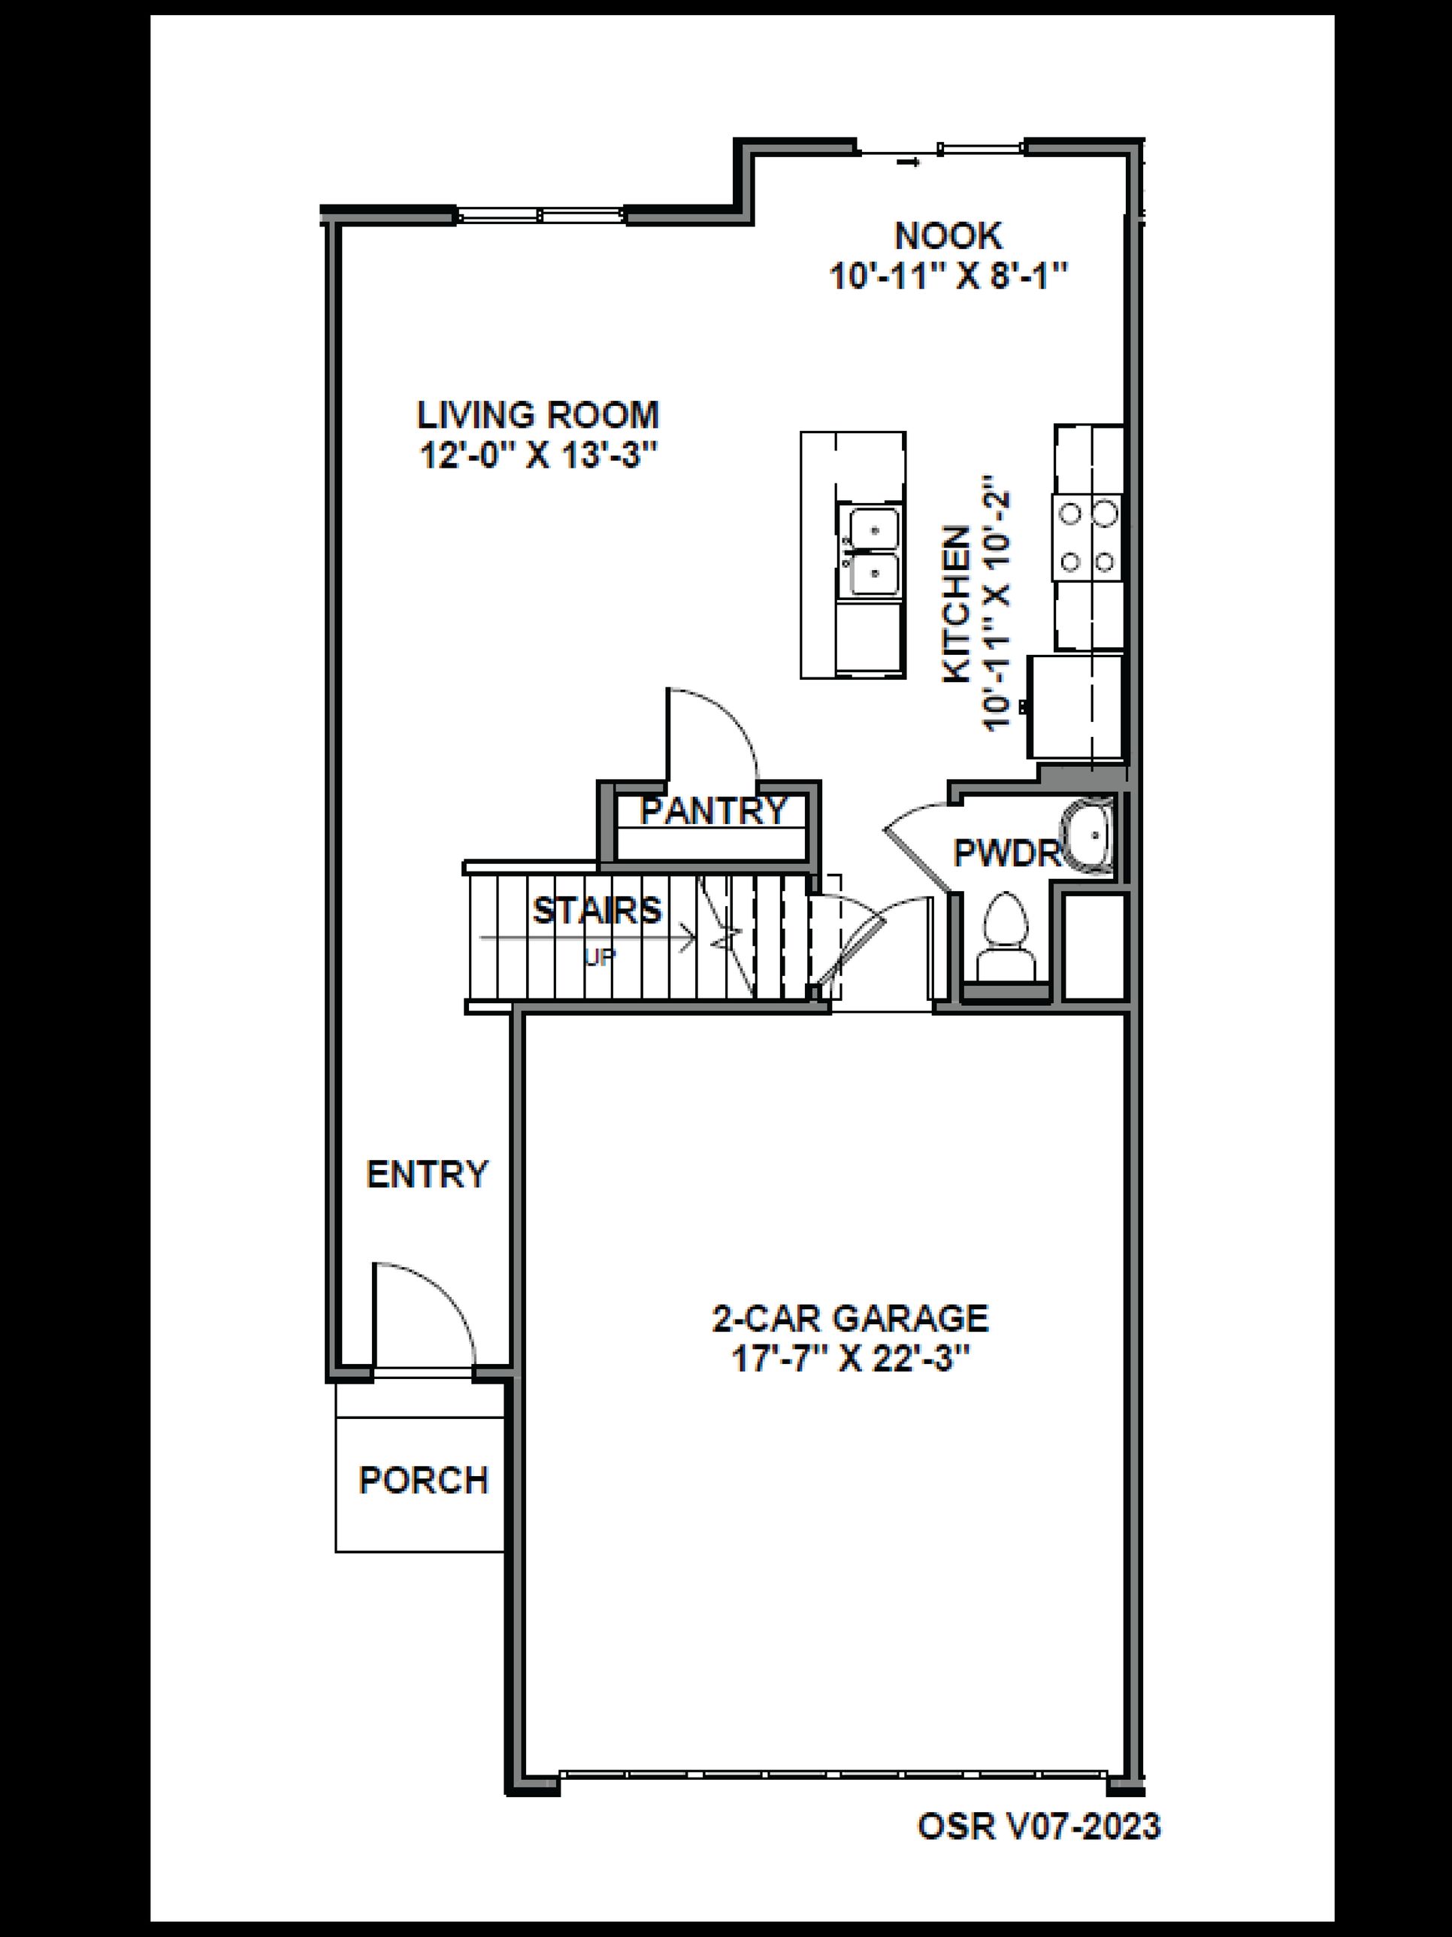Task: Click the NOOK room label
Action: pos(948,235)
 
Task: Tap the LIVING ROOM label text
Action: pos(537,415)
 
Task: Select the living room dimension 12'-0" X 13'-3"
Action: pos(537,456)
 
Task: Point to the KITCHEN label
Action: pos(957,605)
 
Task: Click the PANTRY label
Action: pos(713,811)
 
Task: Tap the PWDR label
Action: pos(1006,853)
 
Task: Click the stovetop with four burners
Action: pos(1087,536)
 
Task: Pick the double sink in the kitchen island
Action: pos(869,553)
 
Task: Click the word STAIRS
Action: pos(597,911)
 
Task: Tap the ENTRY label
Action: pos(426,1174)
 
